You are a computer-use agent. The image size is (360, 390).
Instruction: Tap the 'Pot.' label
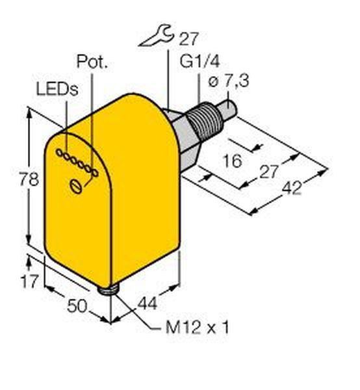pos(92,62)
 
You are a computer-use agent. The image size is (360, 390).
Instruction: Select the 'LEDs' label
pos(57,89)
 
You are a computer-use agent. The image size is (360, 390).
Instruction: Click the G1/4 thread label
pos(200,62)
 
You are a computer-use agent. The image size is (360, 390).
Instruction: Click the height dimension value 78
pos(29,179)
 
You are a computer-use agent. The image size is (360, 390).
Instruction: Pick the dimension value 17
pos(30,281)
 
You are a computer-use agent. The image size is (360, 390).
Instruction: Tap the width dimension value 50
pos(77,305)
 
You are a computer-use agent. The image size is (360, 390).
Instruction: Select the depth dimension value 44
pos(148,303)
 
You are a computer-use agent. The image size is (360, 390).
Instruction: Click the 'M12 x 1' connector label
pos(197,328)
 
